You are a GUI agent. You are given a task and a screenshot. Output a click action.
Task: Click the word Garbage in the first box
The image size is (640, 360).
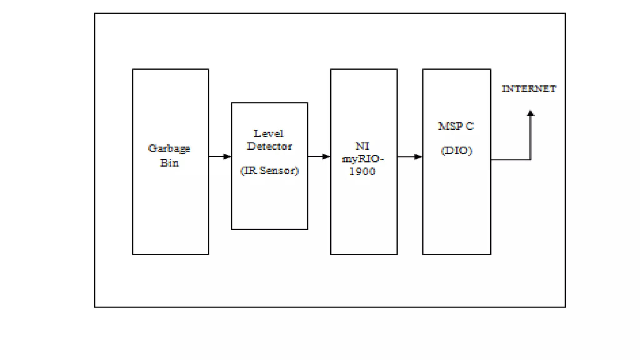point(169,148)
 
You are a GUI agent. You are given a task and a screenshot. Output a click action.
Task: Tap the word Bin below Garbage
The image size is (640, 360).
point(169,163)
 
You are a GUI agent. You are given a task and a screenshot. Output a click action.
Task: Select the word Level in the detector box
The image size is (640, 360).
point(268,134)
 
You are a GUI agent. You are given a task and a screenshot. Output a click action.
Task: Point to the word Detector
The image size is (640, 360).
point(269,146)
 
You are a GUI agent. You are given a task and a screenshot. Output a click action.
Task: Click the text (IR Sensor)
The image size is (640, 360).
point(269,171)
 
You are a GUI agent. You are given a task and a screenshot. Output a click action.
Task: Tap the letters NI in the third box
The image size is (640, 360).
point(362,146)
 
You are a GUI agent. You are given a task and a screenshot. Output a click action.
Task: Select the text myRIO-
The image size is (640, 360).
point(363,159)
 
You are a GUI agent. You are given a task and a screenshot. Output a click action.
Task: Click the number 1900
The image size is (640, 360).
point(362,171)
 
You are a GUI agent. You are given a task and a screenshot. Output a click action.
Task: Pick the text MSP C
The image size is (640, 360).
point(456,126)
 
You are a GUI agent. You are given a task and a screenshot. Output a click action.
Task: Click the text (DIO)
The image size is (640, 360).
point(457,151)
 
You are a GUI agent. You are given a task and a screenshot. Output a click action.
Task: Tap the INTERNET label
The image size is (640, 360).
point(529,89)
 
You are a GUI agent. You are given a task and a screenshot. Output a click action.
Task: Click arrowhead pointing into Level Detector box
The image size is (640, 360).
point(227,157)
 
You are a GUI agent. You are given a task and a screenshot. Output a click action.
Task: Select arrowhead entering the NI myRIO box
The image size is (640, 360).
point(326,157)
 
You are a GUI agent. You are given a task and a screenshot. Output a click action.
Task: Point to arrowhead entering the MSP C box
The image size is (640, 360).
point(418,157)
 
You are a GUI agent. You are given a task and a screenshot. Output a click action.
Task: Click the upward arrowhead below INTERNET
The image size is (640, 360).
point(530,113)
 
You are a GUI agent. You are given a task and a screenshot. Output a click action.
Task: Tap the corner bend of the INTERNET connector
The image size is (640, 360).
point(530,160)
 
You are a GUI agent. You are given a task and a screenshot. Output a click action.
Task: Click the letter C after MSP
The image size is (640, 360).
point(469,126)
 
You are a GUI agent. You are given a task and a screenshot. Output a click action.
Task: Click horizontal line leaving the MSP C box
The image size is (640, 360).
point(510,160)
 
